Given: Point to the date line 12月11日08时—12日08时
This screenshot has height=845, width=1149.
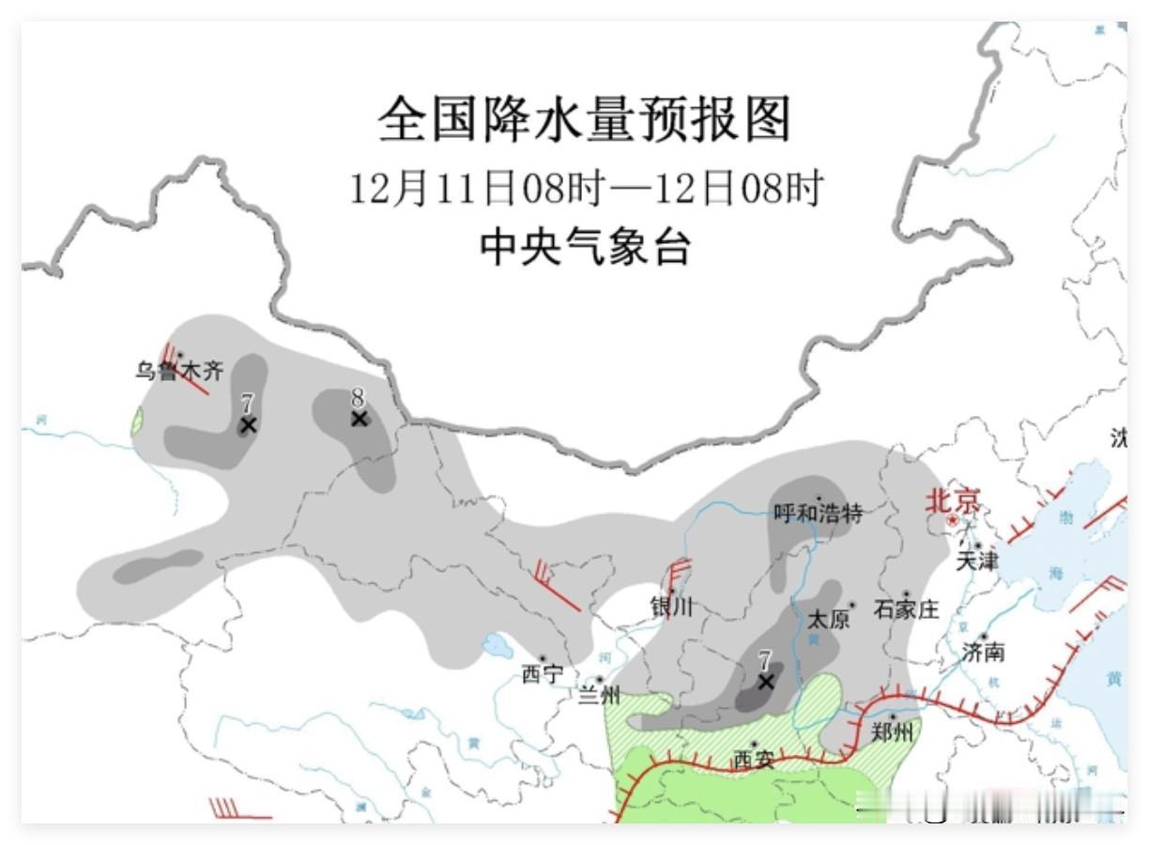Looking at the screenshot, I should (x=586, y=189).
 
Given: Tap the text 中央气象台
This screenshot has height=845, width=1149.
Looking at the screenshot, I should (x=585, y=247).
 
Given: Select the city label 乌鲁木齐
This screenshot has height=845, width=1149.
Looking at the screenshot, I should (x=179, y=371).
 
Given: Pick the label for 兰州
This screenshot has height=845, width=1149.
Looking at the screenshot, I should (x=599, y=696).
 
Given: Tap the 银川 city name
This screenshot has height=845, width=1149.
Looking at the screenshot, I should (x=672, y=607).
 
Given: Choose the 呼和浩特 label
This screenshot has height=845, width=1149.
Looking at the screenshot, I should (x=818, y=513).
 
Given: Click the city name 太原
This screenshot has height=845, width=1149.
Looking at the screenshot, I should (x=828, y=620).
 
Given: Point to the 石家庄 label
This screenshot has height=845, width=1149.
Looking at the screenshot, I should (x=906, y=609).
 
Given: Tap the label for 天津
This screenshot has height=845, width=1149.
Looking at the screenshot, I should (x=976, y=561).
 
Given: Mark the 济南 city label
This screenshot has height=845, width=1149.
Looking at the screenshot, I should (x=984, y=652).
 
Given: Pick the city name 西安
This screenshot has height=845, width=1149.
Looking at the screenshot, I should (x=754, y=759).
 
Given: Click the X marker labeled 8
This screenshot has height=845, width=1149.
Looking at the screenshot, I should (x=359, y=419).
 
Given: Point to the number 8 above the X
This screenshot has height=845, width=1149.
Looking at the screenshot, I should (x=358, y=397).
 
